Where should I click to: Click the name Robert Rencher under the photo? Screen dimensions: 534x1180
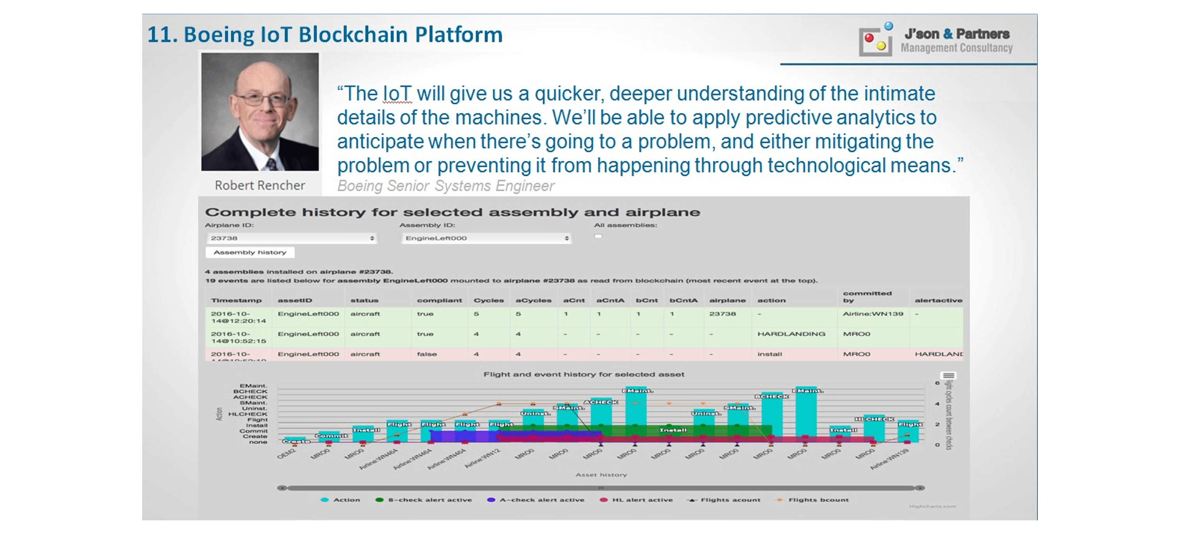tap(260, 185)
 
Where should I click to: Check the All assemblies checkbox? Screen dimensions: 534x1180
tap(598, 237)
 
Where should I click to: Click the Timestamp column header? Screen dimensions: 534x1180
tap(236, 301)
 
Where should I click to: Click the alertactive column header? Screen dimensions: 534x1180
tap(938, 301)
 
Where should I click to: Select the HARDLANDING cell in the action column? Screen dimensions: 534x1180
tap(791, 334)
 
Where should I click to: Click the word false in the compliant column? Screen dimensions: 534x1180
tap(427, 354)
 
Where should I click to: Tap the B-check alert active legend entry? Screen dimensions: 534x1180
tap(424, 500)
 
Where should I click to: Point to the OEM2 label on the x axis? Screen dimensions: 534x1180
tap(287, 454)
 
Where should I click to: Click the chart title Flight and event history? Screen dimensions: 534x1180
tap(584, 375)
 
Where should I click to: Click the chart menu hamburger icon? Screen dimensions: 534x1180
tap(948, 376)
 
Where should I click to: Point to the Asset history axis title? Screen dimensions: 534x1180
tap(601, 475)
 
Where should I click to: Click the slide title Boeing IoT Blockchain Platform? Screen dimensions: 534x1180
tap(325, 35)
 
